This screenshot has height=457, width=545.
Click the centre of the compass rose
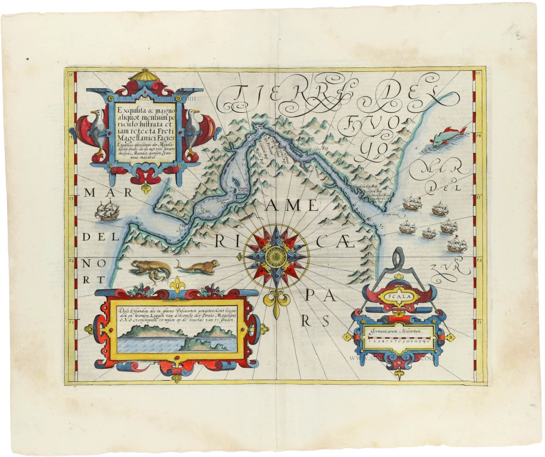tap(276, 254)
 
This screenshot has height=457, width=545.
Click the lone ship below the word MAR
tap(106, 210)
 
